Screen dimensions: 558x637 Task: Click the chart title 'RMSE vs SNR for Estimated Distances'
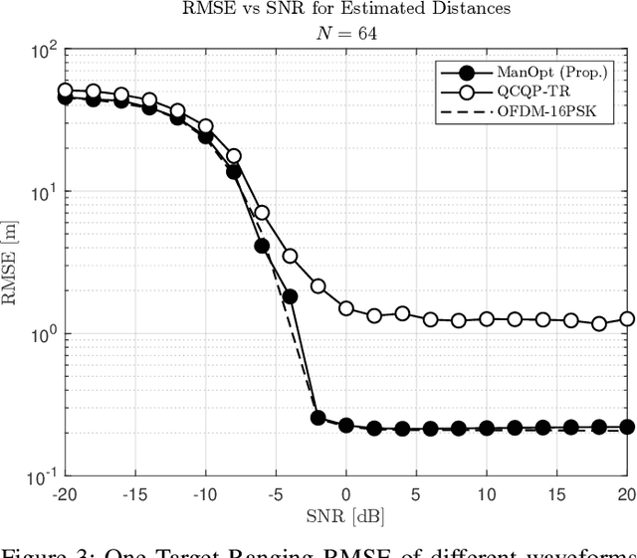coord(345,11)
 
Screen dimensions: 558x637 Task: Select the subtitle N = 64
coord(345,32)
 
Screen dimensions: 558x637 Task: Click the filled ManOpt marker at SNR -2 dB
coord(318,418)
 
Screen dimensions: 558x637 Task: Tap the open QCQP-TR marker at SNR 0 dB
coord(346,308)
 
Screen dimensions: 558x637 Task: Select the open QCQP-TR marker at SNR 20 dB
coord(627,319)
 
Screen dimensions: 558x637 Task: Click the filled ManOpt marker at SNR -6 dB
coord(262,246)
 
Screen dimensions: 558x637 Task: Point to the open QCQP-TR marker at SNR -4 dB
coord(290,257)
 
